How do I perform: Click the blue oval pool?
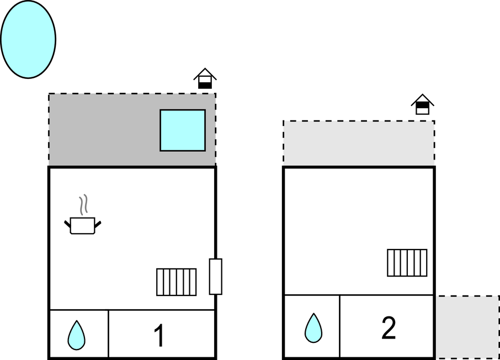[28, 39]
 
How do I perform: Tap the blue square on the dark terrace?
[183, 130]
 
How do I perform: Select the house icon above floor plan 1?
[205, 78]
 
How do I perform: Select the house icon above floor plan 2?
[422, 104]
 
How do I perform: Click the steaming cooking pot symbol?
[83, 225]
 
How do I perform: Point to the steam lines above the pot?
[83, 205]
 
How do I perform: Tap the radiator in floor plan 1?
[177, 282]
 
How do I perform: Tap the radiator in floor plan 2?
[407, 263]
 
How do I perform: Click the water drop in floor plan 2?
[313, 327]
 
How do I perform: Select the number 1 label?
[159, 336]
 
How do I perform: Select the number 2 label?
[389, 329]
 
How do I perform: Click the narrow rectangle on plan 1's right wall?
[215, 276]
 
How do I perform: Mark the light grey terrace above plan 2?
[359, 142]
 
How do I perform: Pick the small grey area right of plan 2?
[468, 326]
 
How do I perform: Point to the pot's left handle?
[68, 224]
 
